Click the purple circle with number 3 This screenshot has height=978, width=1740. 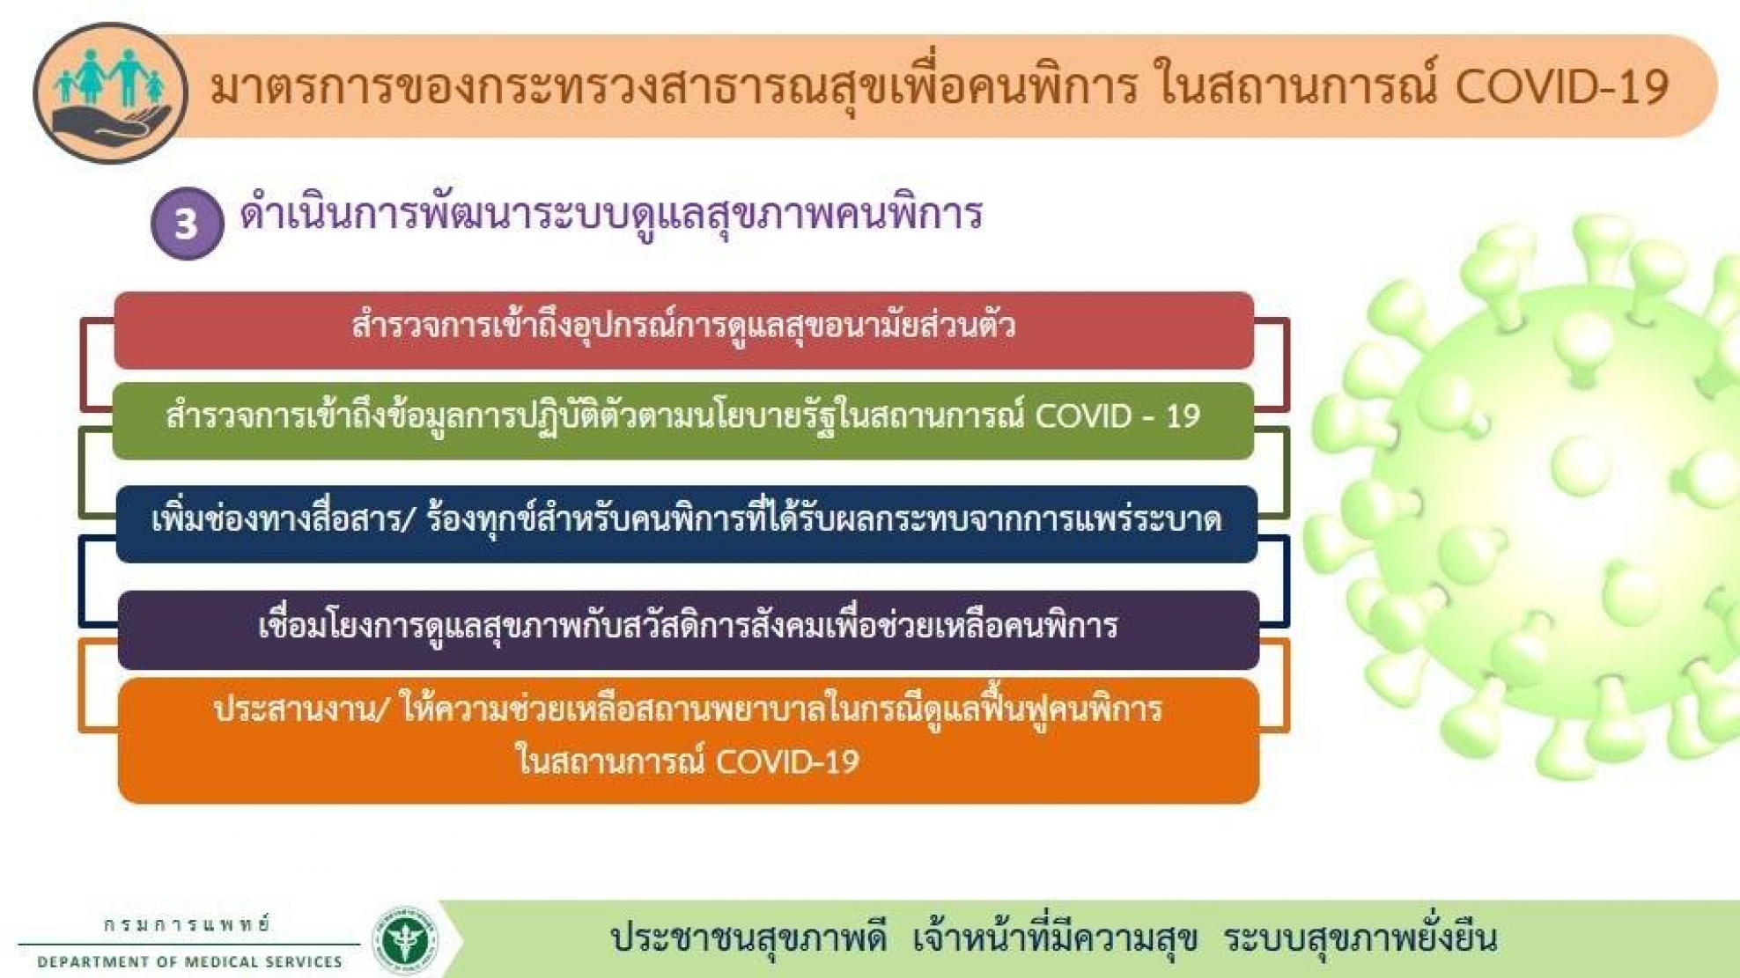(x=187, y=224)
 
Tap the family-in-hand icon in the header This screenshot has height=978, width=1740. (x=110, y=93)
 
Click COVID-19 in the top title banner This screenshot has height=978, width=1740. (x=1562, y=86)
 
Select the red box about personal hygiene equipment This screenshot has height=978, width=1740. (x=683, y=330)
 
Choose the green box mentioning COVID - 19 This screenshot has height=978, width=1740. (x=683, y=421)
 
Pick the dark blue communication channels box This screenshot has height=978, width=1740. (x=687, y=524)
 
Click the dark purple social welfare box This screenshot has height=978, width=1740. (x=689, y=629)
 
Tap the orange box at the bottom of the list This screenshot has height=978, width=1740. (x=689, y=740)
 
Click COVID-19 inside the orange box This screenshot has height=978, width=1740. (x=786, y=761)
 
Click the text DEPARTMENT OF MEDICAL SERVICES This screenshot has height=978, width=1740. (x=189, y=962)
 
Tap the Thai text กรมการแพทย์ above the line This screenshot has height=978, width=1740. (x=188, y=925)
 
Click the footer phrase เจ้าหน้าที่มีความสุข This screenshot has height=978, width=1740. (x=1055, y=937)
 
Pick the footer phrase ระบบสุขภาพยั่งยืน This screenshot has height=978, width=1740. (x=1360, y=937)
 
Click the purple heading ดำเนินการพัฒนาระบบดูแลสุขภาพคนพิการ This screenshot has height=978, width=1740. (x=611, y=215)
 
